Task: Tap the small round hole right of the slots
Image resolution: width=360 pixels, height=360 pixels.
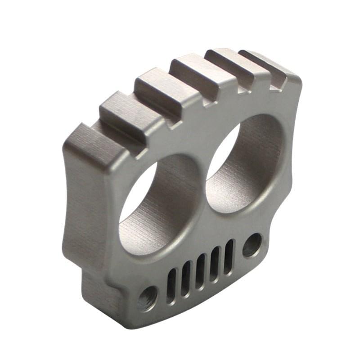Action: point(252,245)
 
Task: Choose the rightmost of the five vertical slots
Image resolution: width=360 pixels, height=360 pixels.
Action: point(229,256)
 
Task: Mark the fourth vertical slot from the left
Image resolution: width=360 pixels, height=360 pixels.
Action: point(215,264)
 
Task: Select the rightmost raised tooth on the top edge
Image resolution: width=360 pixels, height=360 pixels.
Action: point(270,65)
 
